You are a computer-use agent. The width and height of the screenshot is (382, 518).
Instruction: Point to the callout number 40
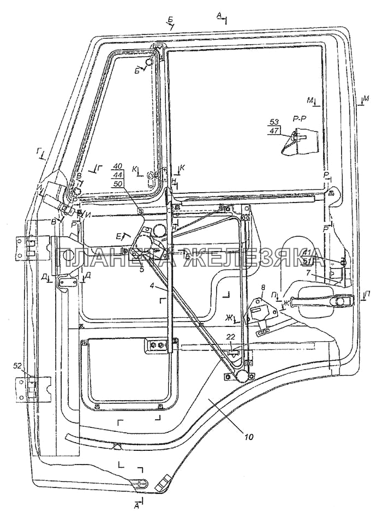[x=118, y=166]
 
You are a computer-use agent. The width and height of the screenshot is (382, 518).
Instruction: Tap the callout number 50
[x=118, y=184]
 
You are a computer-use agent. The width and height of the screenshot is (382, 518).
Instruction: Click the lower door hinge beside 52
[x=30, y=388]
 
